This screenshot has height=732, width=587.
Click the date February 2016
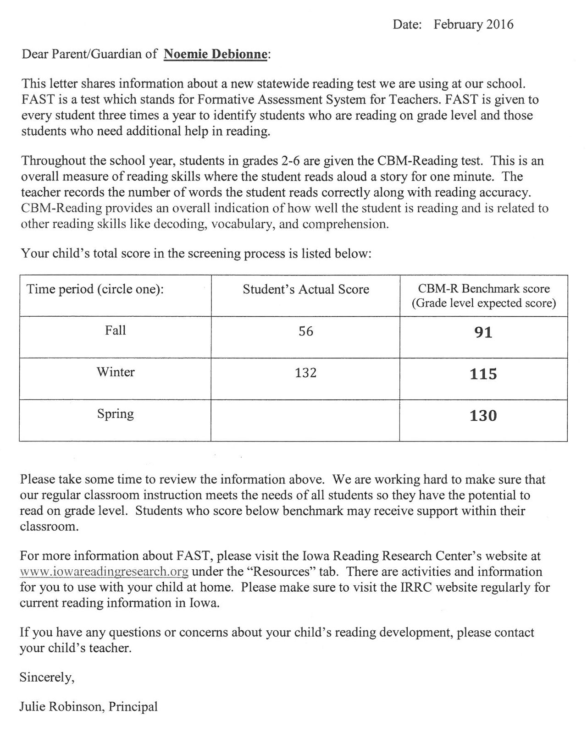point(473,24)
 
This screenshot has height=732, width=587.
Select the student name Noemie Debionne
point(215,55)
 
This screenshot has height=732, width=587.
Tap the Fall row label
point(115,330)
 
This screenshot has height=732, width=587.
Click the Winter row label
point(115,372)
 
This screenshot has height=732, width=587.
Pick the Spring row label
point(115,414)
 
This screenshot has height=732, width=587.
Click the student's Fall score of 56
point(305,331)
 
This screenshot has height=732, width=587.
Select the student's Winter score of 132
point(305,373)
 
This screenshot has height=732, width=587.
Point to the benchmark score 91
point(483,332)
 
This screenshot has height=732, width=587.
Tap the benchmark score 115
point(483,374)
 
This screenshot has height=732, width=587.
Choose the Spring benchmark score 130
point(483,416)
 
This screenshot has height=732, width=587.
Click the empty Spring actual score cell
point(305,420)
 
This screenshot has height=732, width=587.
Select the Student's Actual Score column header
point(305,289)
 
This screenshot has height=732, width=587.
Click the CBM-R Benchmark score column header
point(483,296)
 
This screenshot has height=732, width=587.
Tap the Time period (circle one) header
point(95,289)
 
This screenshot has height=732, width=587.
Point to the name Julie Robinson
point(61,706)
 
